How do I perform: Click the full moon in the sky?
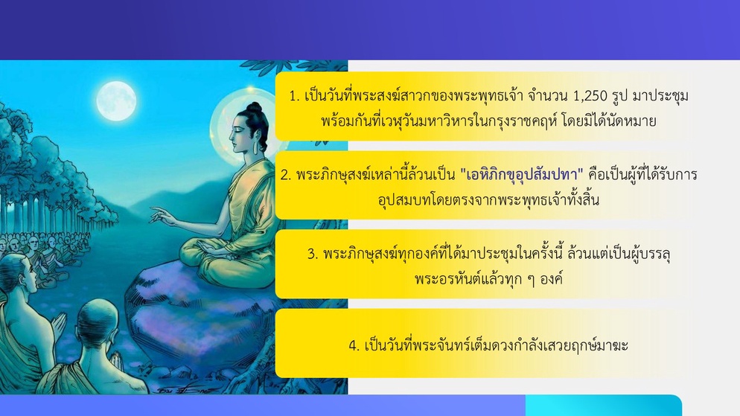(116, 100)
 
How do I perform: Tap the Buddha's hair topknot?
(255, 108)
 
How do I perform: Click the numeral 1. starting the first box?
(295, 96)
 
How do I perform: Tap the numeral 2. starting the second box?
(286, 175)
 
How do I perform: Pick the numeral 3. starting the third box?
(313, 255)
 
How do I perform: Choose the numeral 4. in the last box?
(354, 346)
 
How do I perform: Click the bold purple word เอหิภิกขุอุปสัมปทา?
(522, 175)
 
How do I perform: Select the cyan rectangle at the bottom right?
(604, 406)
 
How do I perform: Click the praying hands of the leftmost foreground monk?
(59, 325)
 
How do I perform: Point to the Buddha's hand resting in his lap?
(214, 249)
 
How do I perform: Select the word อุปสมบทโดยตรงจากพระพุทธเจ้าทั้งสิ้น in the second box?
(488, 200)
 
